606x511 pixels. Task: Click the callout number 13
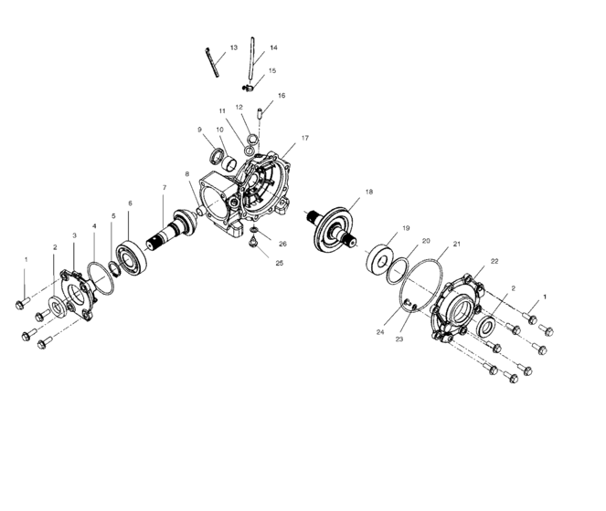233,47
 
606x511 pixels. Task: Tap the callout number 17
304,139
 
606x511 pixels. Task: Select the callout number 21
456,244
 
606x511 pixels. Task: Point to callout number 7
165,188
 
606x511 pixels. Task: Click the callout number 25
281,263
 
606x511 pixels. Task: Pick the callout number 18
368,193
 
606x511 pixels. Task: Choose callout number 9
199,130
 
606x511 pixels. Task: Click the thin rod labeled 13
215,63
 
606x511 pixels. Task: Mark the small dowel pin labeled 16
260,116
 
